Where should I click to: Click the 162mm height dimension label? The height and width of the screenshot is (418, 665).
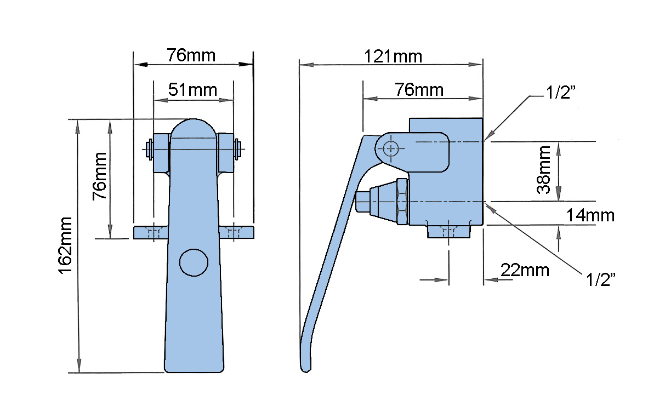click(65, 245)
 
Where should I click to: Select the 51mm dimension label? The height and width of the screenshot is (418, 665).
click(192, 90)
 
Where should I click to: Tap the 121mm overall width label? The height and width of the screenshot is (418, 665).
click(393, 56)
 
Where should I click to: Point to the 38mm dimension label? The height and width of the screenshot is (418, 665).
click(544, 170)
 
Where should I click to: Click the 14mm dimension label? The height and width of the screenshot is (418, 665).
click(590, 215)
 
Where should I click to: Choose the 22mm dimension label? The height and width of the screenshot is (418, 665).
click(525, 270)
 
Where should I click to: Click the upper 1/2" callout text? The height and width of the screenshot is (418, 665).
click(561, 92)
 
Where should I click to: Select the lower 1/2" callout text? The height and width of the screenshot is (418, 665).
click(601, 279)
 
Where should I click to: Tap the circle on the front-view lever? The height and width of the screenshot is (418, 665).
click(194, 262)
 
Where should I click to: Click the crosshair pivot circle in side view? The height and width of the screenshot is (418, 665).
click(391, 148)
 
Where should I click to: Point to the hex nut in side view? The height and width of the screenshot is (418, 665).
click(402, 202)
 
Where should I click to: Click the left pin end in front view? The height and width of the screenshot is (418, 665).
click(149, 149)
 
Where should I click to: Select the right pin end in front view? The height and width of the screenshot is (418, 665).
click(237, 149)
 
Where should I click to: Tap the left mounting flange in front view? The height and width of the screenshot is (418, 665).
click(151, 233)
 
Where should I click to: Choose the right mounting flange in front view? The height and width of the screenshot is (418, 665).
click(237, 233)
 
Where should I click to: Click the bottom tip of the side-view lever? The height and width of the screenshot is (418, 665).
click(305, 371)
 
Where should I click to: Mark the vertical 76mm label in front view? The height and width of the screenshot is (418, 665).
click(99, 176)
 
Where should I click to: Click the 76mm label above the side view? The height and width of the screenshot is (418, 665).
click(419, 90)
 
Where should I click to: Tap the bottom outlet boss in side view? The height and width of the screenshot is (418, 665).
click(449, 231)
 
